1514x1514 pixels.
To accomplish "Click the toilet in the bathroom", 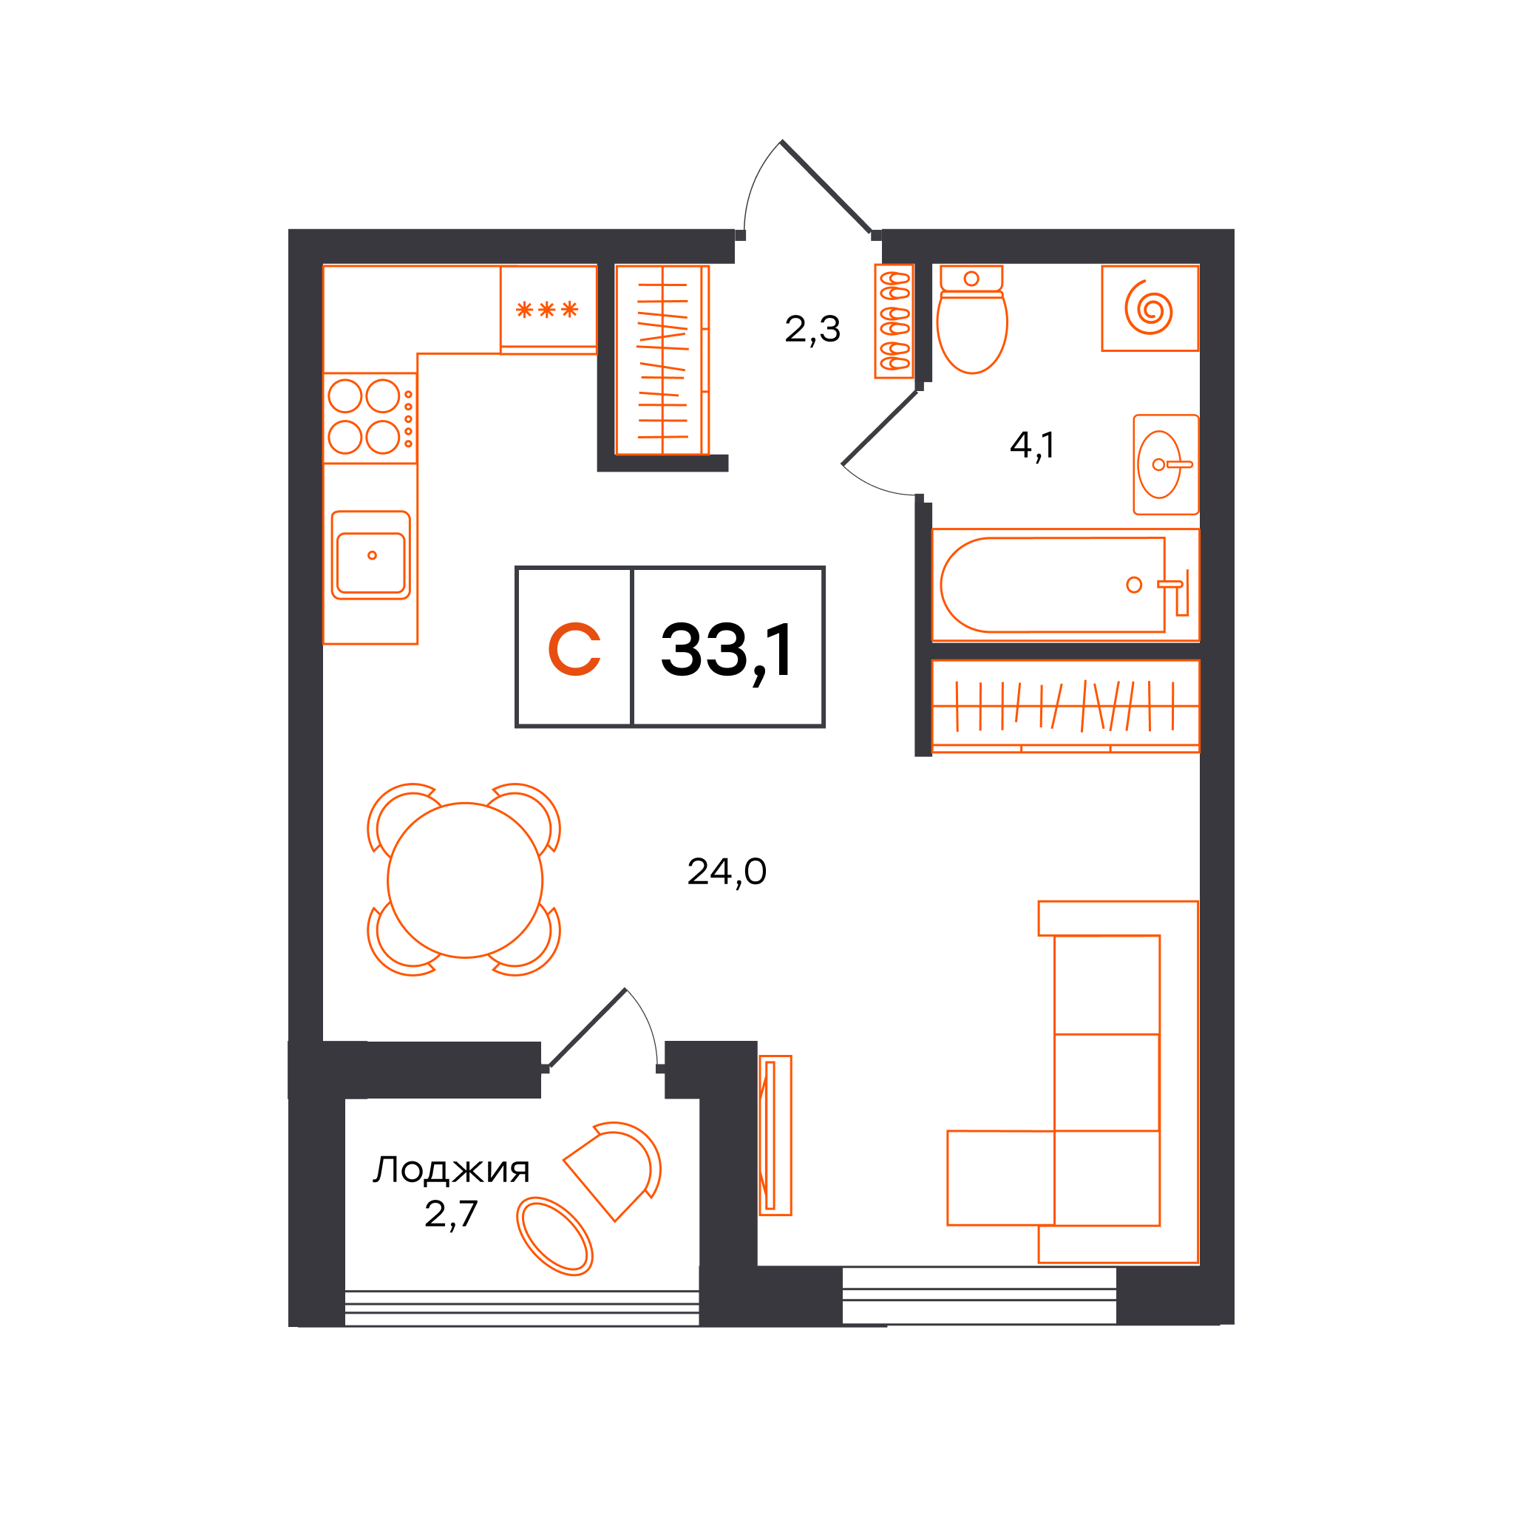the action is [971, 319].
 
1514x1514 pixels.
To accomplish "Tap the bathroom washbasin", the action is [1165, 465].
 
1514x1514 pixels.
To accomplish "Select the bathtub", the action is [1065, 585].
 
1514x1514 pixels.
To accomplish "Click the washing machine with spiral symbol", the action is [1150, 308].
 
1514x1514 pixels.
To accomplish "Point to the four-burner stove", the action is [370, 418].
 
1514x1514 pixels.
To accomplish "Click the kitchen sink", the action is [370, 555].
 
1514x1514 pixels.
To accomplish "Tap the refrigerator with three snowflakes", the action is [549, 310].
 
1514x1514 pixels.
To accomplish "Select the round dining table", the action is [465, 880].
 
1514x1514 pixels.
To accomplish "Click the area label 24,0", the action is [727, 872].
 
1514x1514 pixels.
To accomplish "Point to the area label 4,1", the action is [1032, 446].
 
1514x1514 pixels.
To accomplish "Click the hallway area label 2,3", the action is [812, 329].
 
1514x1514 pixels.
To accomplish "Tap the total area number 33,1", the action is [727, 650].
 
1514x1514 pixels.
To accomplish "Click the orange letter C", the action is [574, 649].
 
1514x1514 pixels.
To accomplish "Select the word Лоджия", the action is [452, 1170].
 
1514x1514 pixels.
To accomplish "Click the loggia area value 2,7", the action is [451, 1214].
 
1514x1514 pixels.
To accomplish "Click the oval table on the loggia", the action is [554, 1236].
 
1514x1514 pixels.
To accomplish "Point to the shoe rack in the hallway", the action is [895, 322].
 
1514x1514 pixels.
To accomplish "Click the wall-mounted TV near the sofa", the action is [775, 1135].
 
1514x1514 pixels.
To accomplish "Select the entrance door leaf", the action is [826, 187].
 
